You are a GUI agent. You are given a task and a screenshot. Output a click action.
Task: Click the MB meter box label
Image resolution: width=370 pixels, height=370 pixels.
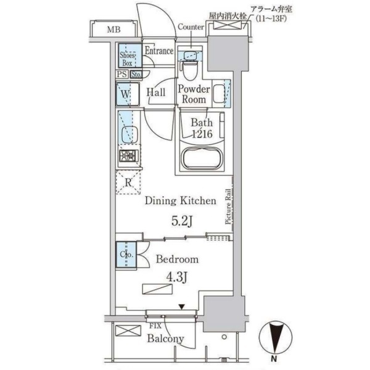113,30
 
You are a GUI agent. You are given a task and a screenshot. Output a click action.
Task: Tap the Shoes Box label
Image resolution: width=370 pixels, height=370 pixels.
127,59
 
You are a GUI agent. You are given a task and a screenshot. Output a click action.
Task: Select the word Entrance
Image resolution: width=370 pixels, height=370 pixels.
159,51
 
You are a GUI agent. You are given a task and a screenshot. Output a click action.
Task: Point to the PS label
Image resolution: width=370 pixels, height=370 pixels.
121,75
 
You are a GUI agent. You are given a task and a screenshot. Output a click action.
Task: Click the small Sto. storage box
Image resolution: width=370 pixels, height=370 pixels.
136,75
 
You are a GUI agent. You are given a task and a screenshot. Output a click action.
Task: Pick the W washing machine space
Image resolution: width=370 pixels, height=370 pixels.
128,94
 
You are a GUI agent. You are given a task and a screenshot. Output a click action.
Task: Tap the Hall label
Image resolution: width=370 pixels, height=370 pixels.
156,92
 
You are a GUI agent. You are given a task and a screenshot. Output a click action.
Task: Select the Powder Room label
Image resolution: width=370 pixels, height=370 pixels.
194,94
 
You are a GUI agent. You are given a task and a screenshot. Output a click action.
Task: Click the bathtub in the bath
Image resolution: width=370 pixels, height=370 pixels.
202,158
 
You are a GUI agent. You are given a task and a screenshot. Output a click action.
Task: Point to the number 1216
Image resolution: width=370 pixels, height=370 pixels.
202,134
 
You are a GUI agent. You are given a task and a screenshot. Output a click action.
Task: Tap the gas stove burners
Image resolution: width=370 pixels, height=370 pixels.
128,156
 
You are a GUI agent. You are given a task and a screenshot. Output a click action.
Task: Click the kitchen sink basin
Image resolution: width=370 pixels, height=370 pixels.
129,134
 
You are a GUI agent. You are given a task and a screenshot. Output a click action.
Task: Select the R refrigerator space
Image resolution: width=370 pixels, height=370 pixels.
128,183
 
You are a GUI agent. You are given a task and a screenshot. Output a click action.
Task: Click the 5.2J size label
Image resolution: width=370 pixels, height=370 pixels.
182,221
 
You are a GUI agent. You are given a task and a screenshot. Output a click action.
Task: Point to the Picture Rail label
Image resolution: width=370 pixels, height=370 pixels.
228,207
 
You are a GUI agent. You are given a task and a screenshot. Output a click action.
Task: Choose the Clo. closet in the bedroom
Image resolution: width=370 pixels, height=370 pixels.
126,254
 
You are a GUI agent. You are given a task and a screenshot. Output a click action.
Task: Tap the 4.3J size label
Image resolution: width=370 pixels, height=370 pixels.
177,277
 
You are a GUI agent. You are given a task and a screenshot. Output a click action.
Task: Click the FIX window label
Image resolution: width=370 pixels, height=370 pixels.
155,326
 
